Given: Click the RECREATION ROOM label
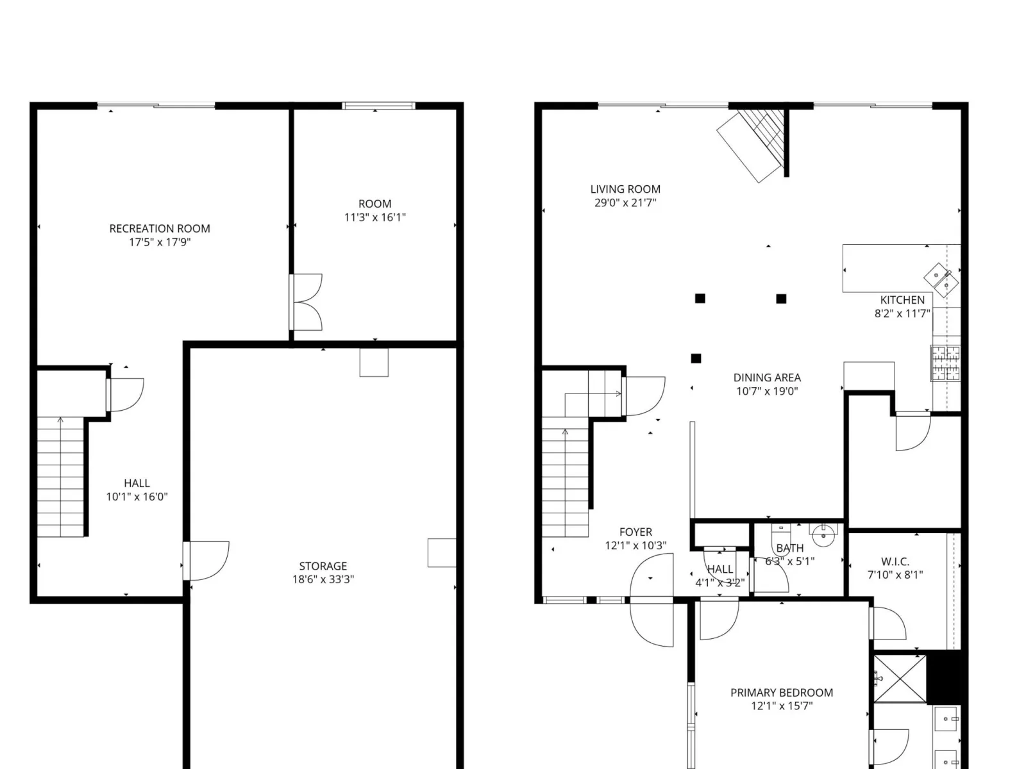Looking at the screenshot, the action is point(160,228).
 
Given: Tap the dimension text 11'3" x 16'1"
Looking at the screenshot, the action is point(375,217).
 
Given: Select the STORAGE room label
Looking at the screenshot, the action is point(323,566).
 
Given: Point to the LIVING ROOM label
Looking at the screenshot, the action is point(625,189).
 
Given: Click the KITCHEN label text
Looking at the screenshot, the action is point(902,300).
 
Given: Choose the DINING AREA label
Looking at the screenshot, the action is point(767,377).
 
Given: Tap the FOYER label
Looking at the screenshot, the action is point(635,532).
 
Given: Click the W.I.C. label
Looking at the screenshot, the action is point(895,562).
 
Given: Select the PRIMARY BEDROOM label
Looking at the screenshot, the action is point(782,693).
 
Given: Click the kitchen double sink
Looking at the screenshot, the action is point(941,280).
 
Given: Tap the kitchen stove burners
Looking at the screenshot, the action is point(945,363).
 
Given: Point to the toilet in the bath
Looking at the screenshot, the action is point(780,533).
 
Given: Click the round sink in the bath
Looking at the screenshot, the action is point(823,535).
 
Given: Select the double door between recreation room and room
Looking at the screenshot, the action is point(306,302).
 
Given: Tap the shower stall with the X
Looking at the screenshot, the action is point(900,679).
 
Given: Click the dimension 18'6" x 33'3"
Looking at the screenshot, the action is point(323,579).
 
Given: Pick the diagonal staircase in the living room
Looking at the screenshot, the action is point(753,142).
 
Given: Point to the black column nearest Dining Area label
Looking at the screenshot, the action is point(696,358).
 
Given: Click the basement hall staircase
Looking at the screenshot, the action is point(60,477).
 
